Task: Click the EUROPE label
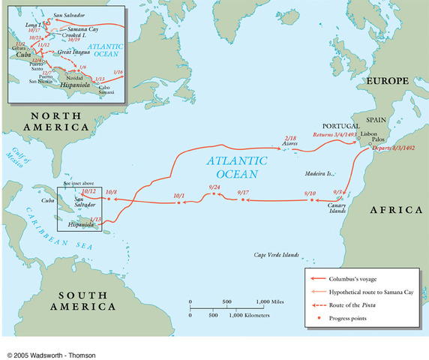386,80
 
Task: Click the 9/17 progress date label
243,193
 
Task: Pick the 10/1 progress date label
178,196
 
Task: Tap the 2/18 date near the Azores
292,139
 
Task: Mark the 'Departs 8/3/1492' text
396,149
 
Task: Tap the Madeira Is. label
319,173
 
